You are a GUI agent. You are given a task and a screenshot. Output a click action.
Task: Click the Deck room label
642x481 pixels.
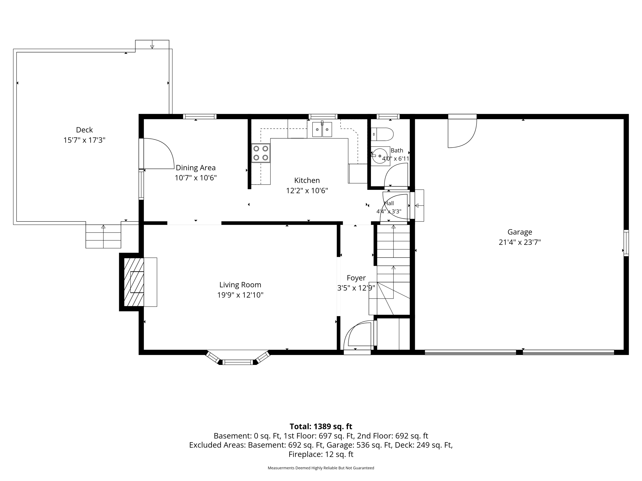tap(84, 130)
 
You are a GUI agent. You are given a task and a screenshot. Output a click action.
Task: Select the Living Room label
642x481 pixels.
tap(240, 285)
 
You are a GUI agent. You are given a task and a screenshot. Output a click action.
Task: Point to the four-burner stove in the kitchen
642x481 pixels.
tap(261, 153)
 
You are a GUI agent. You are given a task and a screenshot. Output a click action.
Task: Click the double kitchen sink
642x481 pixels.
tap(322, 129)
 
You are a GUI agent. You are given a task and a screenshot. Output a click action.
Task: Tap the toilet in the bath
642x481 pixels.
tap(382, 134)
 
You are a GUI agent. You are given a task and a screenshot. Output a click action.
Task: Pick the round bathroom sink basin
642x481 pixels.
tap(380, 156)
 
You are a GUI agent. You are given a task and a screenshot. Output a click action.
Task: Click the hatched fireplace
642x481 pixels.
tap(134, 282)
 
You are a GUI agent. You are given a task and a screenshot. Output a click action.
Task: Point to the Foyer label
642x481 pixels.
tap(356, 278)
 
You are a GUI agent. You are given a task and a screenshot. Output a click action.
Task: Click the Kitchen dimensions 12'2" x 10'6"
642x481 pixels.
tap(307, 191)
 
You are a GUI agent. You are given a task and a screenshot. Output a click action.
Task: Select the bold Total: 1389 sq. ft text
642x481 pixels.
tap(321, 426)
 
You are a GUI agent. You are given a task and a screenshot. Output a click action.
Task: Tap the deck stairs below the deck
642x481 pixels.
tap(103, 236)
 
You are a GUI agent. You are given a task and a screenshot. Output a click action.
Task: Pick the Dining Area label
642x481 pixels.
tap(196, 168)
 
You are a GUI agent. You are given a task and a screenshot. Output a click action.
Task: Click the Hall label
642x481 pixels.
tap(389, 203)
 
